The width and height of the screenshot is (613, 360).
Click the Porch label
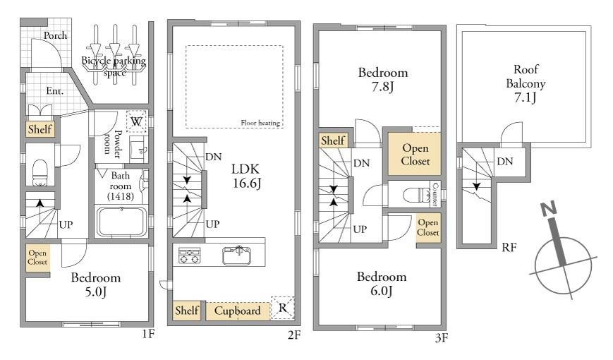(55, 35)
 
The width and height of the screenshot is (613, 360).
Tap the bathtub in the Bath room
(121, 222)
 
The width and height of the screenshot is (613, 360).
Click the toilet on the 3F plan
(416, 194)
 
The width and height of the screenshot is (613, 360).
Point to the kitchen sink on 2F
(236, 256)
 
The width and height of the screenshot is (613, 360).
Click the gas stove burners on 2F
(190, 256)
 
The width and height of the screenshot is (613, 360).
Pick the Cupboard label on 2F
(237, 311)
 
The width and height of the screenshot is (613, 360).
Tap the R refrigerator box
(282, 308)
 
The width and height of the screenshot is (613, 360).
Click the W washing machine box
(136, 121)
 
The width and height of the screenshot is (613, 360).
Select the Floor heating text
(260, 123)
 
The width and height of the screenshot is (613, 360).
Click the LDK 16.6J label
(246, 176)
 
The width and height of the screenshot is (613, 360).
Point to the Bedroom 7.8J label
(383, 79)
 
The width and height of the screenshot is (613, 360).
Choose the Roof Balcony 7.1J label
(526, 83)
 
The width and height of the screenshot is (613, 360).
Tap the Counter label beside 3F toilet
(435, 194)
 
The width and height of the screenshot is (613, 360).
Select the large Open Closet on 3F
(414, 154)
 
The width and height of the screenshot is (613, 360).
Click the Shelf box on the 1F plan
(40, 128)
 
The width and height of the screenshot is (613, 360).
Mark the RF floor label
(509, 247)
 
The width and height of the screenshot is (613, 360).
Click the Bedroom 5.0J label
(95, 284)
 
